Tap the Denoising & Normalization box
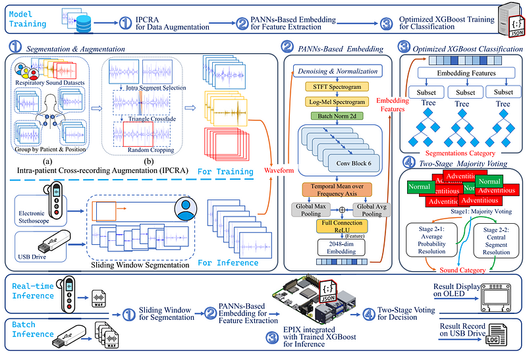coord(338,71)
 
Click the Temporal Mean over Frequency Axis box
coord(338,191)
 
